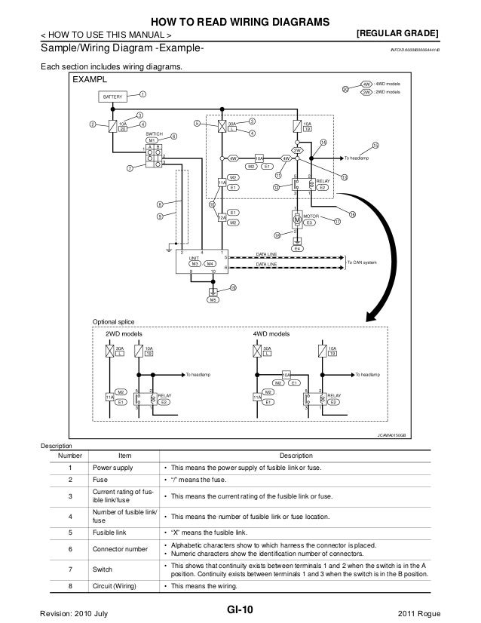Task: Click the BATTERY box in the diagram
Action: [x=113, y=97]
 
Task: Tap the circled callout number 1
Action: [x=143, y=94]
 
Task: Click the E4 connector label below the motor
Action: [x=297, y=248]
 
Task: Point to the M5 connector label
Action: [x=213, y=300]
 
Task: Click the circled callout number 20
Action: [x=346, y=89]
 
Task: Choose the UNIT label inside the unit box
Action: [x=194, y=257]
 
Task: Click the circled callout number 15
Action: [x=375, y=144]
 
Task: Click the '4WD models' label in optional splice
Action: [x=269, y=333]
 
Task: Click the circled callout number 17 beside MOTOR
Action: [x=337, y=220]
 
